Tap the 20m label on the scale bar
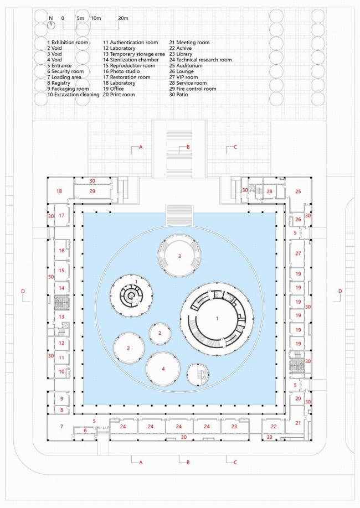pos(123,19)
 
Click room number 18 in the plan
pos(59,191)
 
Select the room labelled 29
pos(92,191)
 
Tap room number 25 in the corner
pos(297,191)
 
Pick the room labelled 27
pos(297,253)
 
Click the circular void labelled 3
pos(179,256)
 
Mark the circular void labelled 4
pos(163,369)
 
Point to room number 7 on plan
pos(61,427)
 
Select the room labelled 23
pos(234,427)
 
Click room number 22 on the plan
pos(274,427)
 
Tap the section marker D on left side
pos(23,291)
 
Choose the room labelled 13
pos(62,317)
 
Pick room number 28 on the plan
pos(269,191)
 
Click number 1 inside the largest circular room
pos(217,319)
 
